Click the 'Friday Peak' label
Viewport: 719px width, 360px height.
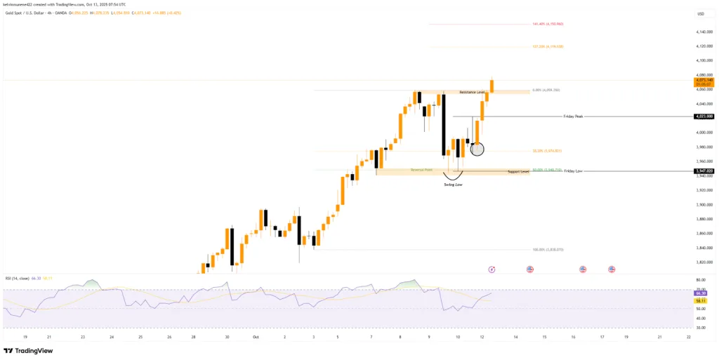point(574,116)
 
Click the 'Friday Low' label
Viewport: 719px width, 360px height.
point(573,171)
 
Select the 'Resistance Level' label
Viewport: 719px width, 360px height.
point(473,93)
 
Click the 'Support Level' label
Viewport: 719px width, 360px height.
point(517,172)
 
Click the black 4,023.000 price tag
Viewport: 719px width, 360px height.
point(704,116)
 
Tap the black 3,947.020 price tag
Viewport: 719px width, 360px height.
point(704,171)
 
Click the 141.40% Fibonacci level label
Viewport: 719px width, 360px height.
point(548,24)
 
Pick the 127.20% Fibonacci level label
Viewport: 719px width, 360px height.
point(548,47)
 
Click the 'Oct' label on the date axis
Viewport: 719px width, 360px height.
point(256,337)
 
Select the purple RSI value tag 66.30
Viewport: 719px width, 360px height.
point(703,293)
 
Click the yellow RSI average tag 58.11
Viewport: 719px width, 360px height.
point(703,300)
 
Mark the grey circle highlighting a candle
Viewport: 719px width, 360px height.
point(477,149)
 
